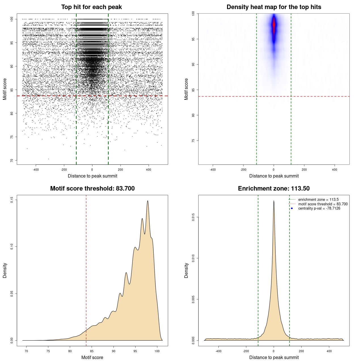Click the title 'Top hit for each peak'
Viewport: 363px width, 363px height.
tap(91, 7)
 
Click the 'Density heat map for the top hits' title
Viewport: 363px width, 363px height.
tap(274, 7)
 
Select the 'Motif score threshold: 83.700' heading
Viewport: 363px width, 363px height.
tap(92, 189)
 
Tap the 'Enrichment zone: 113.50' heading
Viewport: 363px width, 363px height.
tap(274, 189)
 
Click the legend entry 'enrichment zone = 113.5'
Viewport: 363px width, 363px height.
tap(318, 200)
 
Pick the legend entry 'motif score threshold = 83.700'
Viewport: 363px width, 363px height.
tap(323, 204)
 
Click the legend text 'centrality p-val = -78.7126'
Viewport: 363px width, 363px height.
tap(319, 208)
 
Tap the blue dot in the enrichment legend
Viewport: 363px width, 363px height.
tap(292, 208)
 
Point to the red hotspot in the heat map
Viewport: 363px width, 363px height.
tap(274, 26)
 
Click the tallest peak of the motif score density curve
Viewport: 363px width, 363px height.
tap(148, 201)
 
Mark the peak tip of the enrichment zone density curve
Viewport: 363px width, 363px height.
tap(274, 201)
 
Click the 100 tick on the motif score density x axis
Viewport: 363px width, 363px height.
tap(157, 351)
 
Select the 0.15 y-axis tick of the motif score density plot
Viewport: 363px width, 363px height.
tap(12, 200)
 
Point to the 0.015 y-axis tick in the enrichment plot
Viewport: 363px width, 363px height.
tap(193, 218)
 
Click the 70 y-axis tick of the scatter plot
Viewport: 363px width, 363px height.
tap(12, 161)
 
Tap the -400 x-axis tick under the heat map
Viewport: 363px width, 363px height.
tap(213, 170)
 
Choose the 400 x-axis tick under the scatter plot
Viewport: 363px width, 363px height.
tap(148, 170)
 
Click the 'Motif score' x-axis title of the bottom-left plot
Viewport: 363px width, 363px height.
tap(92, 357)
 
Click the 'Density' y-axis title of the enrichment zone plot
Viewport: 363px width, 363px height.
tap(186, 270)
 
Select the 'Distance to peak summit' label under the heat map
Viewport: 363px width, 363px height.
tap(274, 176)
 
